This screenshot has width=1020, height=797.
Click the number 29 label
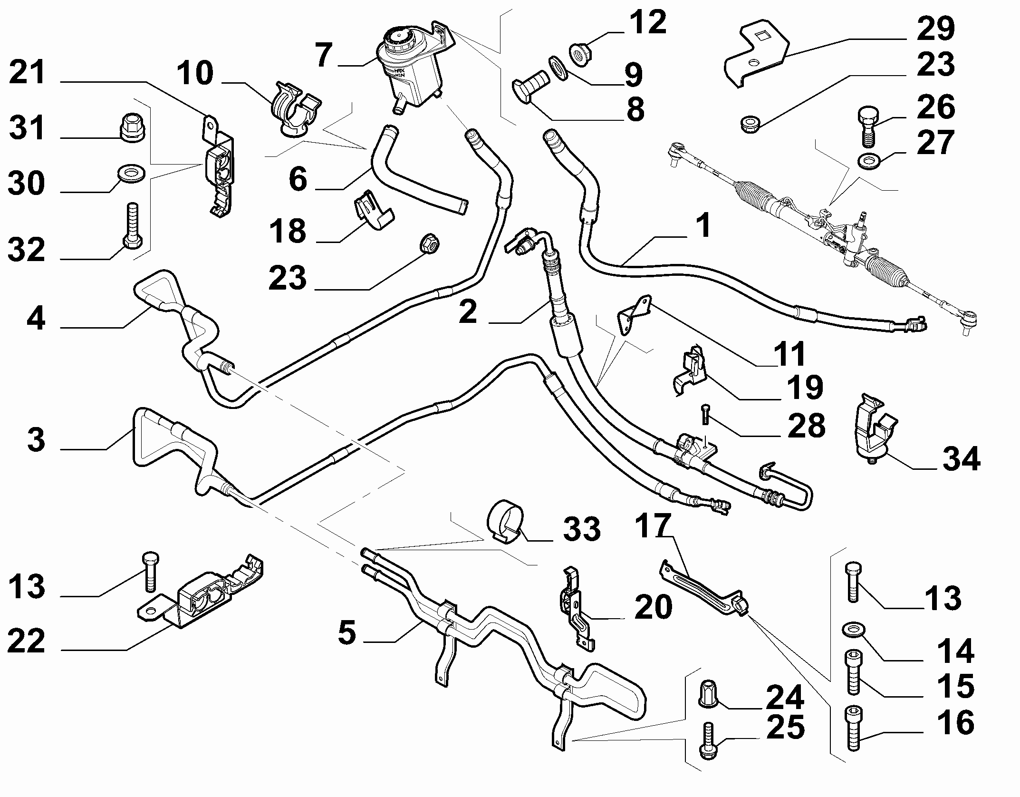tap(936, 29)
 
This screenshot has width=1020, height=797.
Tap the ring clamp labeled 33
tap(506, 520)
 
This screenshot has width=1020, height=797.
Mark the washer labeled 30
tap(131, 173)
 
